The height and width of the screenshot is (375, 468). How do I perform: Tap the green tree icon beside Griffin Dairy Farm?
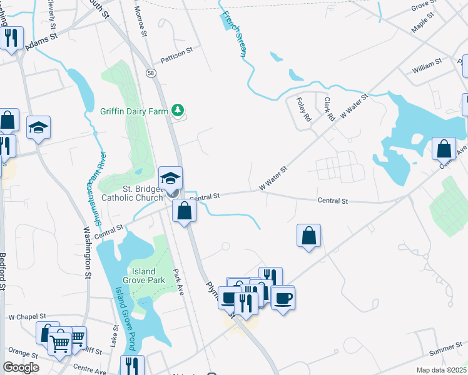point(178,111)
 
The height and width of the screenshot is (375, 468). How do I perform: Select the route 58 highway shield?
point(151,72)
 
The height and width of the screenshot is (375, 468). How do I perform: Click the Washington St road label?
point(87,249)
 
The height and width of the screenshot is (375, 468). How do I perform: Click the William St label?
point(427,64)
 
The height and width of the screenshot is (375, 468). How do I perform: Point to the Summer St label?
point(445,347)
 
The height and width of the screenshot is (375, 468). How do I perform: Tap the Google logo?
point(20,367)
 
